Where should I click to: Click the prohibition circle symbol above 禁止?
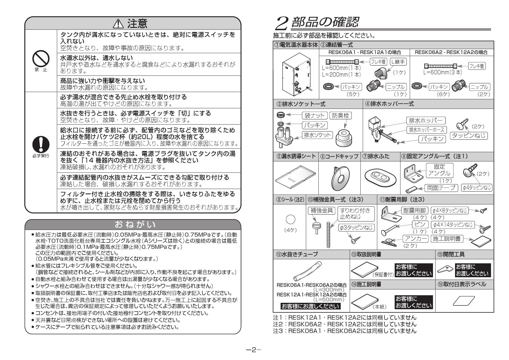[41, 59]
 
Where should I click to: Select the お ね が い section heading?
[135, 224]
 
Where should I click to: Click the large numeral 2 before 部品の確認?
[281, 23]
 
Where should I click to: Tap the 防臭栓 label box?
[340, 116]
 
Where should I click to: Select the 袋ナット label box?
[315, 116]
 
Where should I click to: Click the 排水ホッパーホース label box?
[427, 130]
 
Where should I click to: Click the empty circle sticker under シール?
[290, 219]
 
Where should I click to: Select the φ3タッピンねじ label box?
[356, 228]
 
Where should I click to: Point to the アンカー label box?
[416, 239]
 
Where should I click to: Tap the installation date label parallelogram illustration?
[464, 301]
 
